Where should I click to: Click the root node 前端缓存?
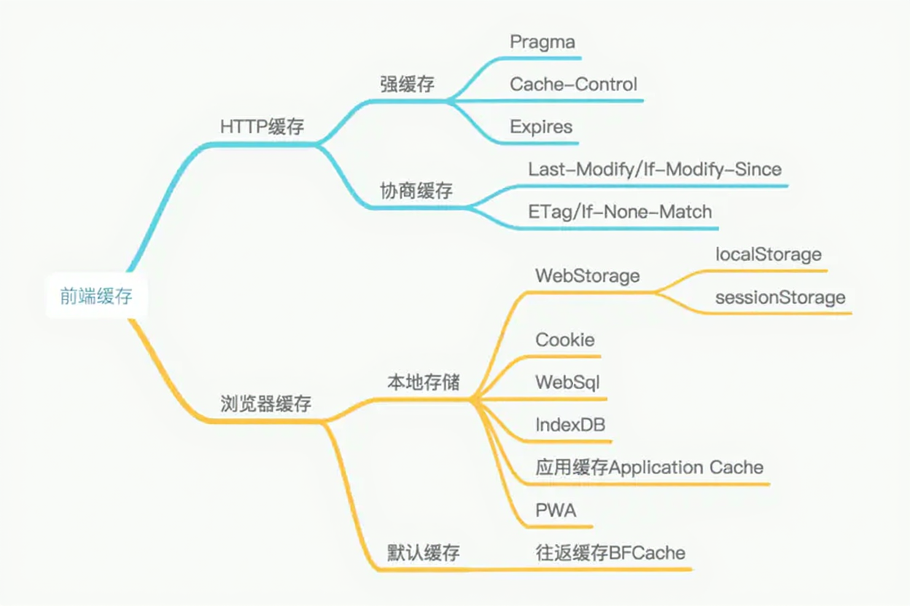(96, 296)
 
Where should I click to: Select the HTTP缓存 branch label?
(262, 126)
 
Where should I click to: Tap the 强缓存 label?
(407, 84)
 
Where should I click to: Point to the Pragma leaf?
(542, 42)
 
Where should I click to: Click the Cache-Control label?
(573, 84)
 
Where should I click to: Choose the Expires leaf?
(541, 127)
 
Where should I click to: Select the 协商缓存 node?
(416, 191)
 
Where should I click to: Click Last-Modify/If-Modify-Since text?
(655, 170)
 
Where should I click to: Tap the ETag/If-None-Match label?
(620, 212)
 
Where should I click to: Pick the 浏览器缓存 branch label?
(265, 404)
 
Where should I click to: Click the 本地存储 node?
(423, 382)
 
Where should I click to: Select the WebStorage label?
(587, 276)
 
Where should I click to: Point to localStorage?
(769, 255)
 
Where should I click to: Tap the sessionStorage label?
(780, 297)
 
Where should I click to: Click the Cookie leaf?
(565, 340)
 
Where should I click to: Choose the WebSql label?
(567, 382)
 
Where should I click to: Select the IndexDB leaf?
(570, 424)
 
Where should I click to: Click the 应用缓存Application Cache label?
(649, 467)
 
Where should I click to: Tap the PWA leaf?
(556, 511)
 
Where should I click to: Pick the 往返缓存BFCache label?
(610, 553)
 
